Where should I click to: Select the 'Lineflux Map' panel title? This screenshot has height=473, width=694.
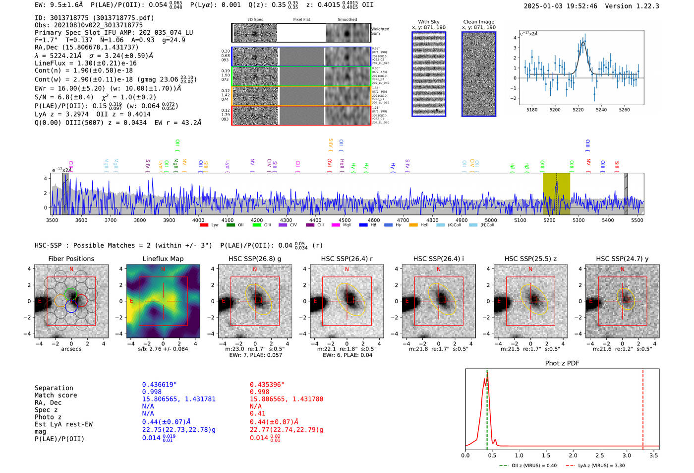coord(163,259)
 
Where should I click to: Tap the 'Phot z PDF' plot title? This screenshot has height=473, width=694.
coord(562,363)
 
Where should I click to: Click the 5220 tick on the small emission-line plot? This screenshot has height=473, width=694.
coord(578,110)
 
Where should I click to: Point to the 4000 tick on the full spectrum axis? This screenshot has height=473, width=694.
coord(198,220)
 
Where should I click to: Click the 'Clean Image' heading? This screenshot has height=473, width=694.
coord(478,22)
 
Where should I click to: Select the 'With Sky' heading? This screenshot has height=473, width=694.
coord(429,22)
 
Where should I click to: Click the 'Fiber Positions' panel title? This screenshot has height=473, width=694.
coord(71,259)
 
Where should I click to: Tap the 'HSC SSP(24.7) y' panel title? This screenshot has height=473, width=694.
coord(622,259)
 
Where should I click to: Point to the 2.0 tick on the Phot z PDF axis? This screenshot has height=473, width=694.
coord(573,455)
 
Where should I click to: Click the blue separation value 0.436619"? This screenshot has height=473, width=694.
coord(159,385)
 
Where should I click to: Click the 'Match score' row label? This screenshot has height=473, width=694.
coord(56,396)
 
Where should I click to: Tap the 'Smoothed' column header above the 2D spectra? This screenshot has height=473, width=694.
coord(347,20)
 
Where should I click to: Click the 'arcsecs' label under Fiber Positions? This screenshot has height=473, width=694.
coord(71,349)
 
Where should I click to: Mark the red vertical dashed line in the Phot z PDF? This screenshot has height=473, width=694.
coord(643,407)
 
